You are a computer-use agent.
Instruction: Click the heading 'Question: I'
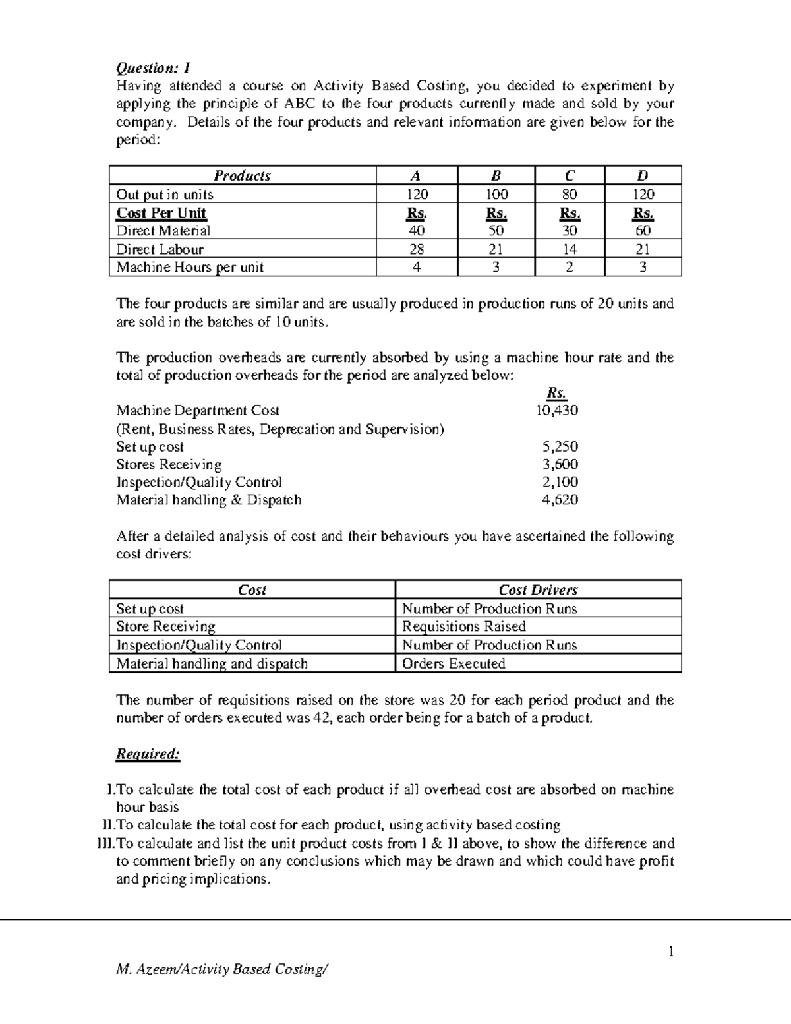[153, 68]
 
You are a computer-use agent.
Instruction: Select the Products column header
[242, 175]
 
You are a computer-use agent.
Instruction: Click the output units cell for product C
[570, 195]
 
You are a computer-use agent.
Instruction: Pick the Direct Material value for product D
[643, 231]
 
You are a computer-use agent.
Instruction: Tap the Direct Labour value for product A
[416, 249]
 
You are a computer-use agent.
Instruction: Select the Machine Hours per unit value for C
[570, 267]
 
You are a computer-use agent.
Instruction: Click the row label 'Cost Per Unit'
[161, 213]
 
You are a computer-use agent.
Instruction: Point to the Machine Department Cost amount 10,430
[556, 410]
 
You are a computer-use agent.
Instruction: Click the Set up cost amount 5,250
[560, 446]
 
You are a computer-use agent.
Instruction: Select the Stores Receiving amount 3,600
[560, 464]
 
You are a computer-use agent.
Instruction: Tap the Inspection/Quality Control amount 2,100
[560, 482]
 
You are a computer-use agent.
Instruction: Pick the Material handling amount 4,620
[560, 500]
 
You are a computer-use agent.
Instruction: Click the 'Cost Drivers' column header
[538, 590]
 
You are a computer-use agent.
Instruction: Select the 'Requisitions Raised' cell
[464, 626]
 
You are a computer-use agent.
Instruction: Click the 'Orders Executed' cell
[454, 663]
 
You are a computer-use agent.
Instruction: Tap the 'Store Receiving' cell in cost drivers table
[166, 626]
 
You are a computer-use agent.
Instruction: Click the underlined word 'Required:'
[148, 754]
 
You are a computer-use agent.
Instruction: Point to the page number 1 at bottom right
[671, 951]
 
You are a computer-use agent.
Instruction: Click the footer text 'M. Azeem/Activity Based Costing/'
[221, 969]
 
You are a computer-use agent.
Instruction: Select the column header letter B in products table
[496, 175]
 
